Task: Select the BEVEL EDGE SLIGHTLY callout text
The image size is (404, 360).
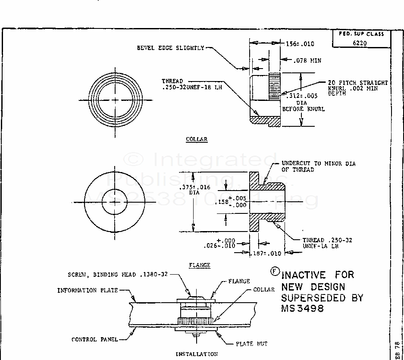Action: click(x=170, y=48)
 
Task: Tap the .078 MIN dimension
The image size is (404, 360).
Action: click(x=307, y=61)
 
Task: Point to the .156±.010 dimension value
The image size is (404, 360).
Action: click(x=300, y=44)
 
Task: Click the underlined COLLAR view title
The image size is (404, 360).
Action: click(x=197, y=139)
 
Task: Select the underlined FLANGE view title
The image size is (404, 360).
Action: click(x=200, y=265)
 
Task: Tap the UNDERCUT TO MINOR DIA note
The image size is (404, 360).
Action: click(x=318, y=166)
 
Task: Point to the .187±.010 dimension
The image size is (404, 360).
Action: click(x=266, y=254)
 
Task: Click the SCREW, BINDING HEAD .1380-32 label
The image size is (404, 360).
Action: click(x=117, y=275)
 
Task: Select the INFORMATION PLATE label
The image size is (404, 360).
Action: click(x=88, y=291)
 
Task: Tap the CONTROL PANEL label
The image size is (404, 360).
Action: click(x=94, y=339)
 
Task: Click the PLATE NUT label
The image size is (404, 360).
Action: click(x=251, y=344)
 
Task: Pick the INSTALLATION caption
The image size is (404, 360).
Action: click(x=196, y=354)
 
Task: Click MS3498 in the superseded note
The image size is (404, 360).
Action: click(x=302, y=309)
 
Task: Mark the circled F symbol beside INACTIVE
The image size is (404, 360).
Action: click(x=274, y=271)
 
